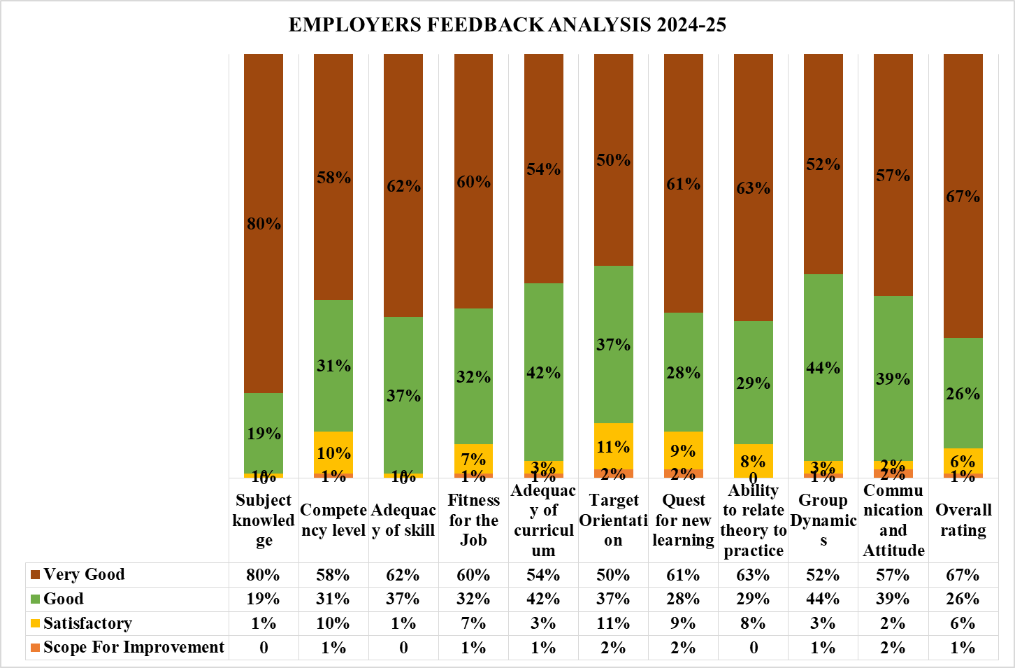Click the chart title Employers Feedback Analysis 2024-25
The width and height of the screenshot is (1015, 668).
(507, 25)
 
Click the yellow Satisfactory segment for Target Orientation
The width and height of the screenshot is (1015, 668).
(613, 446)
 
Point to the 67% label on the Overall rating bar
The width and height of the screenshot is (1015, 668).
(963, 197)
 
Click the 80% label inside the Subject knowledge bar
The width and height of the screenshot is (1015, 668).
(264, 224)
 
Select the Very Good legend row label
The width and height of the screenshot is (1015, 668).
(84, 575)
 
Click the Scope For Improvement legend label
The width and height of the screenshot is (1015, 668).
(134, 648)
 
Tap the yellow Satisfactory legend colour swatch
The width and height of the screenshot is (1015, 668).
(35, 623)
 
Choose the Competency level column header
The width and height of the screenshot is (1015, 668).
(333, 520)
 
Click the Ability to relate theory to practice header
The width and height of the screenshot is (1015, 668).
(753, 520)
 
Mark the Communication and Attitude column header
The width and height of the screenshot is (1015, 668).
(893, 520)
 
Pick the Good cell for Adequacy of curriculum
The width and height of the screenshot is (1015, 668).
(543, 599)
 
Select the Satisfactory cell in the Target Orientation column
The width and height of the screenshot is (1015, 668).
(613, 623)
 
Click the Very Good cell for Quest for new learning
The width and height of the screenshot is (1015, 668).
(683, 575)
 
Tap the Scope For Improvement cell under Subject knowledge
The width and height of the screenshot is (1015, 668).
(264, 648)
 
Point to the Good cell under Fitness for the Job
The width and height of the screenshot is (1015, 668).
(473, 599)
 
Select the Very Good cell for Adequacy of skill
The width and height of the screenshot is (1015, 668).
(403, 575)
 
